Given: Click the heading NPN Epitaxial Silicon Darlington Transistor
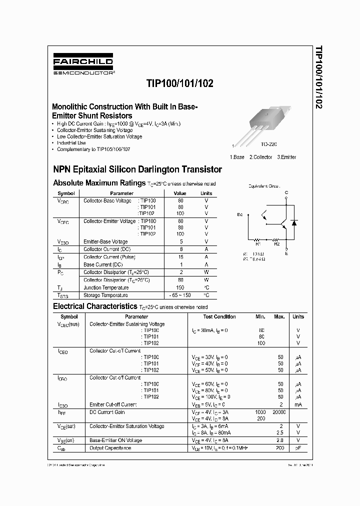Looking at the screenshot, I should click(x=137, y=169).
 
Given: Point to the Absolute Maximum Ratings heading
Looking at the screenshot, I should click(x=98, y=183).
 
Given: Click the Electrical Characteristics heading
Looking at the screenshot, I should click(x=94, y=306).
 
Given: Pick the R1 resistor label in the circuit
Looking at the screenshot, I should click(x=258, y=244).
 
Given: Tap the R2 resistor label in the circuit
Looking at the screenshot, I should click(x=276, y=244).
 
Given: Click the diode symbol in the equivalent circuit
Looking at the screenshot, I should click(x=294, y=222).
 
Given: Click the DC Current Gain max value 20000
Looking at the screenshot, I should click(x=279, y=412).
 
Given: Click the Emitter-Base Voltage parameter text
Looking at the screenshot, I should click(x=105, y=241).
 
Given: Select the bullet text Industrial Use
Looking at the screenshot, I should click(x=71, y=143).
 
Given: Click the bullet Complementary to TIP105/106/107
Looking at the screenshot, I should click(x=93, y=149).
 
